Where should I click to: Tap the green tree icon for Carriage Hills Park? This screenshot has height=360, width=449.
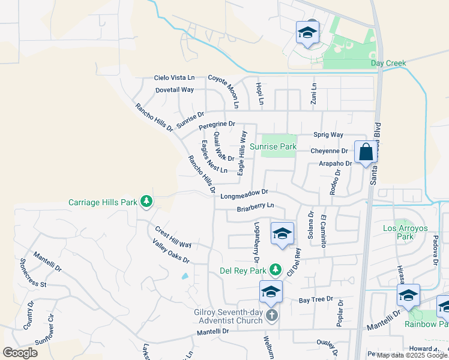pyautogui.click(x=146, y=202)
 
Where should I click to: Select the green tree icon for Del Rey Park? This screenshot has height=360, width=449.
pyautogui.click(x=275, y=270)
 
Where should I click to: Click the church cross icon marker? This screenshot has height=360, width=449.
pyautogui.click(x=272, y=316)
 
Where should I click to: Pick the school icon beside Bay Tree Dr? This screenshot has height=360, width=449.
pyautogui.click(x=271, y=292)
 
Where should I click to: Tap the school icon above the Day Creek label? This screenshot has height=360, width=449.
pyautogui.click(x=307, y=32)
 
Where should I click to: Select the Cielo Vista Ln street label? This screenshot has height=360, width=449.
pyautogui.click(x=174, y=77)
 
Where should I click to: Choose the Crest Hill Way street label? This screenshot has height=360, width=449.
pyautogui.click(x=173, y=238)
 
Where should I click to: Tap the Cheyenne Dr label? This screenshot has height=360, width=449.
pyautogui.click(x=330, y=151)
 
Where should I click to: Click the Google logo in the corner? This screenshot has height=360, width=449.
pyautogui.click(x=20, y=353)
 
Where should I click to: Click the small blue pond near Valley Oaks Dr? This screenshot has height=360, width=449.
pyautogui.click(x=184, y=277)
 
